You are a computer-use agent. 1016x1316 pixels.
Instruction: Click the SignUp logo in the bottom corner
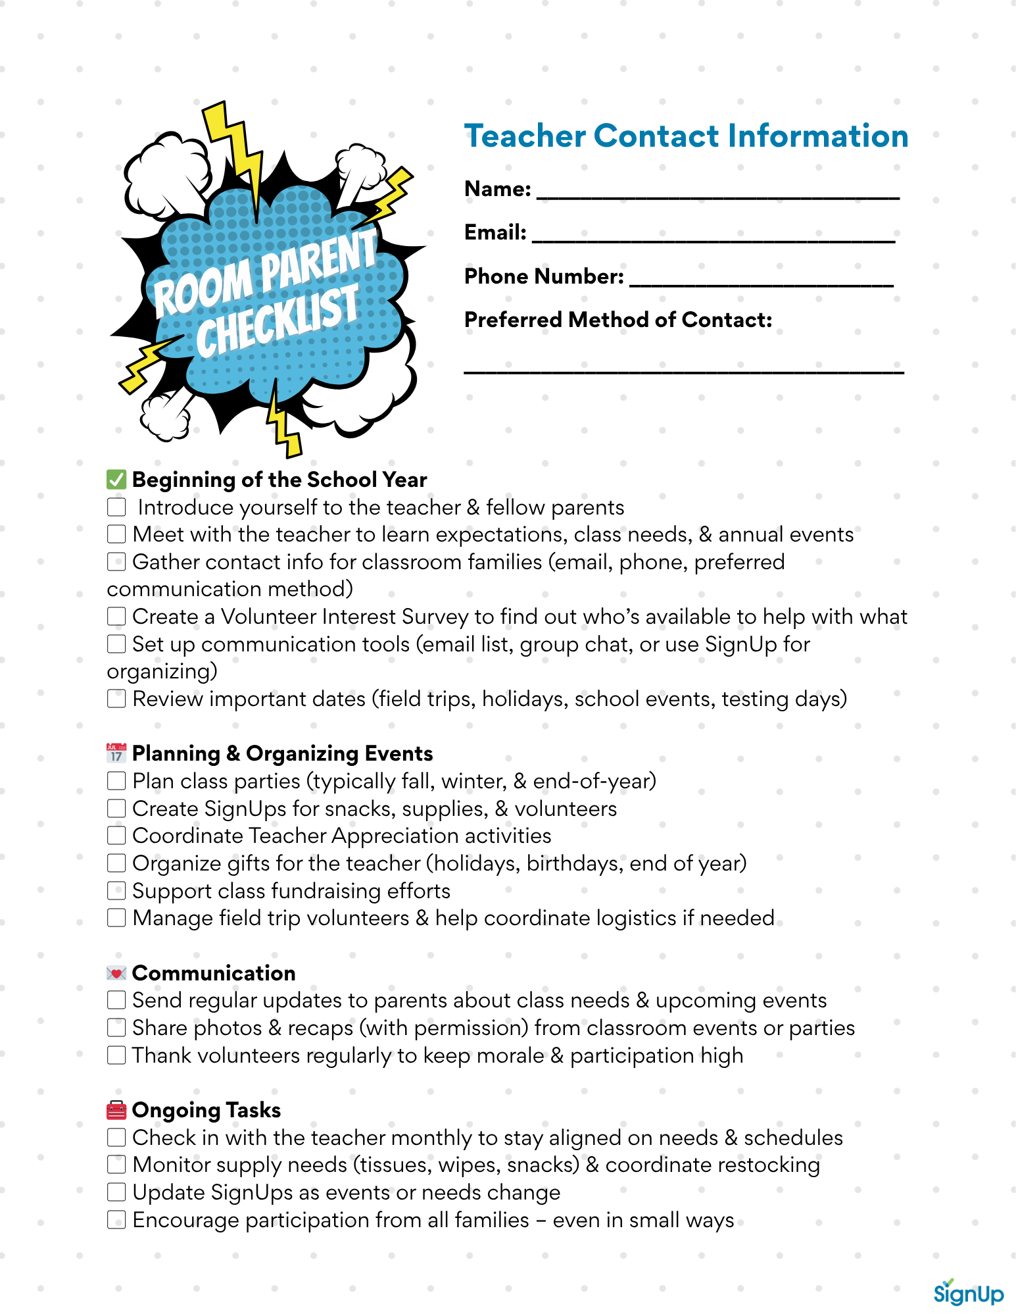(x=968, y=1292)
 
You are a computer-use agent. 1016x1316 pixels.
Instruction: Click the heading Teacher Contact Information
(x=686, y=136)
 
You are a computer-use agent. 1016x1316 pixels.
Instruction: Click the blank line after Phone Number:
(x=761, y=281)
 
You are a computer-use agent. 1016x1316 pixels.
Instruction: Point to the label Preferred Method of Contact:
(x=617, y=320)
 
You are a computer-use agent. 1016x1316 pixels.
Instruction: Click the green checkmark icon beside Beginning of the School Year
(x=116, y=480)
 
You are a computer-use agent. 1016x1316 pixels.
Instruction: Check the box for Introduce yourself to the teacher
(x=116, y=507)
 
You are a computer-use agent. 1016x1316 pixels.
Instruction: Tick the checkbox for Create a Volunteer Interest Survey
(x=116, y=617)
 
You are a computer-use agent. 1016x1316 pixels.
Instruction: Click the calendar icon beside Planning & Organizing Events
(x=116, y=753)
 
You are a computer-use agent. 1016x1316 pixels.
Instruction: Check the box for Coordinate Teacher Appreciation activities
(x=116, y=836)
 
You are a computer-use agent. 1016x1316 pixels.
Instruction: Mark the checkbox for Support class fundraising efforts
(x=116, y=891)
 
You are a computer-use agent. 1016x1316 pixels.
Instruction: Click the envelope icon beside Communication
(x=116, y=973)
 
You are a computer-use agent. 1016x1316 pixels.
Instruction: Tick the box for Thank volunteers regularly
(x=116, y=1055)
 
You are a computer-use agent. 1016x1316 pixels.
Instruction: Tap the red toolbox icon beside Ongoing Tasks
(x=116, y=1110)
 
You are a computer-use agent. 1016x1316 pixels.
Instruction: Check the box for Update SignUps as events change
(x=116, y=1192)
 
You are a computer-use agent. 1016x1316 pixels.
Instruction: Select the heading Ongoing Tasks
(x=206, y=1110)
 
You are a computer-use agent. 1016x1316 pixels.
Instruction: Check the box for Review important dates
(x=116, y=699)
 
